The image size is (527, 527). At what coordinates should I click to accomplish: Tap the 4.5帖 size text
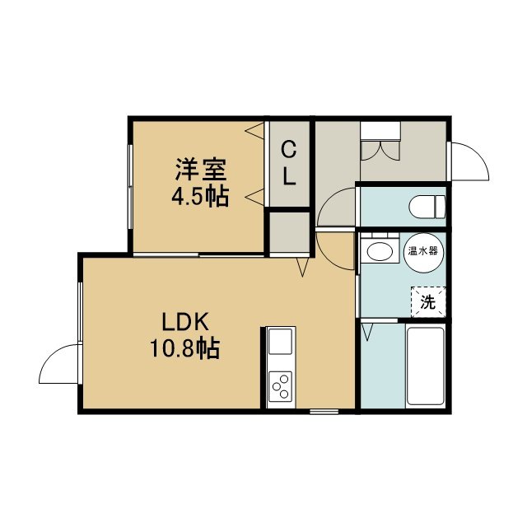tap(200, 196)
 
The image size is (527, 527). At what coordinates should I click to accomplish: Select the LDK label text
tap(186, 322)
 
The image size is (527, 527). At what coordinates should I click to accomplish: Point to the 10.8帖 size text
tap(184, 348)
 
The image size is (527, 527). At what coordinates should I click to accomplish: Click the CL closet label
tap(288, 163)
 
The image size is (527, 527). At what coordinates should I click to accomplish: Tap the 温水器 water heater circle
tap(423, 252)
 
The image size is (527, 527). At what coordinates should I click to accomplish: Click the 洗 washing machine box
tap(428, 302)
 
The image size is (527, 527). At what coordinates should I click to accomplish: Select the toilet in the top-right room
tap(427, 206)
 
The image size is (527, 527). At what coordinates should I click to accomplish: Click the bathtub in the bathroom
tap(425, 366)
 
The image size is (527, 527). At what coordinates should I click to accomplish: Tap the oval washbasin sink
tap(380, 252)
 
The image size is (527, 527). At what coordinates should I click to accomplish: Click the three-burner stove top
tap(281, 386)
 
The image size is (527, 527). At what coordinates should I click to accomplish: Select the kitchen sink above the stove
tap(281, 342)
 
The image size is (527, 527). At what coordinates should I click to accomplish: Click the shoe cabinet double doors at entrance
tap(380, 150)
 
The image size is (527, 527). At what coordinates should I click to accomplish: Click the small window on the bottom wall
tap(324, 412)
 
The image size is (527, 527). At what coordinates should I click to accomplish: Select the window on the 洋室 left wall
tap(130, 187)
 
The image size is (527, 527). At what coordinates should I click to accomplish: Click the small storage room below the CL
tap(290, 232)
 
